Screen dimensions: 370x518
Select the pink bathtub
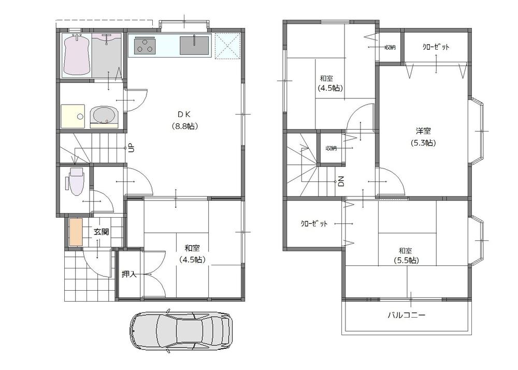click(x=77, y=55)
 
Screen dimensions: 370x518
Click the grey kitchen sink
click(x=194, y=45)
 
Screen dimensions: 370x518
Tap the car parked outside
click(x=181, y=332)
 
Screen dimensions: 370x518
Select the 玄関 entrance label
click(x=101, y=232)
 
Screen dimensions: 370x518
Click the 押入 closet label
click(x=129, y=274)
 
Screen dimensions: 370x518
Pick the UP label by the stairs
click(x=132, y=148)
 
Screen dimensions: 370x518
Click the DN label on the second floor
click(x=341, y=181)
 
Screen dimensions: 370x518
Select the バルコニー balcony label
click(x=407, y=315)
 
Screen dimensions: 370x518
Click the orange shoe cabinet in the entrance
click(x=76, y=232)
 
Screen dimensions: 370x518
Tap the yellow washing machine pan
click(x=73, y=116)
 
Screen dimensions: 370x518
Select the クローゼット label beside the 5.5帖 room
click(x=314, y=224)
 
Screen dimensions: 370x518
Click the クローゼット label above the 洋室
click(x=436, y=47)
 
